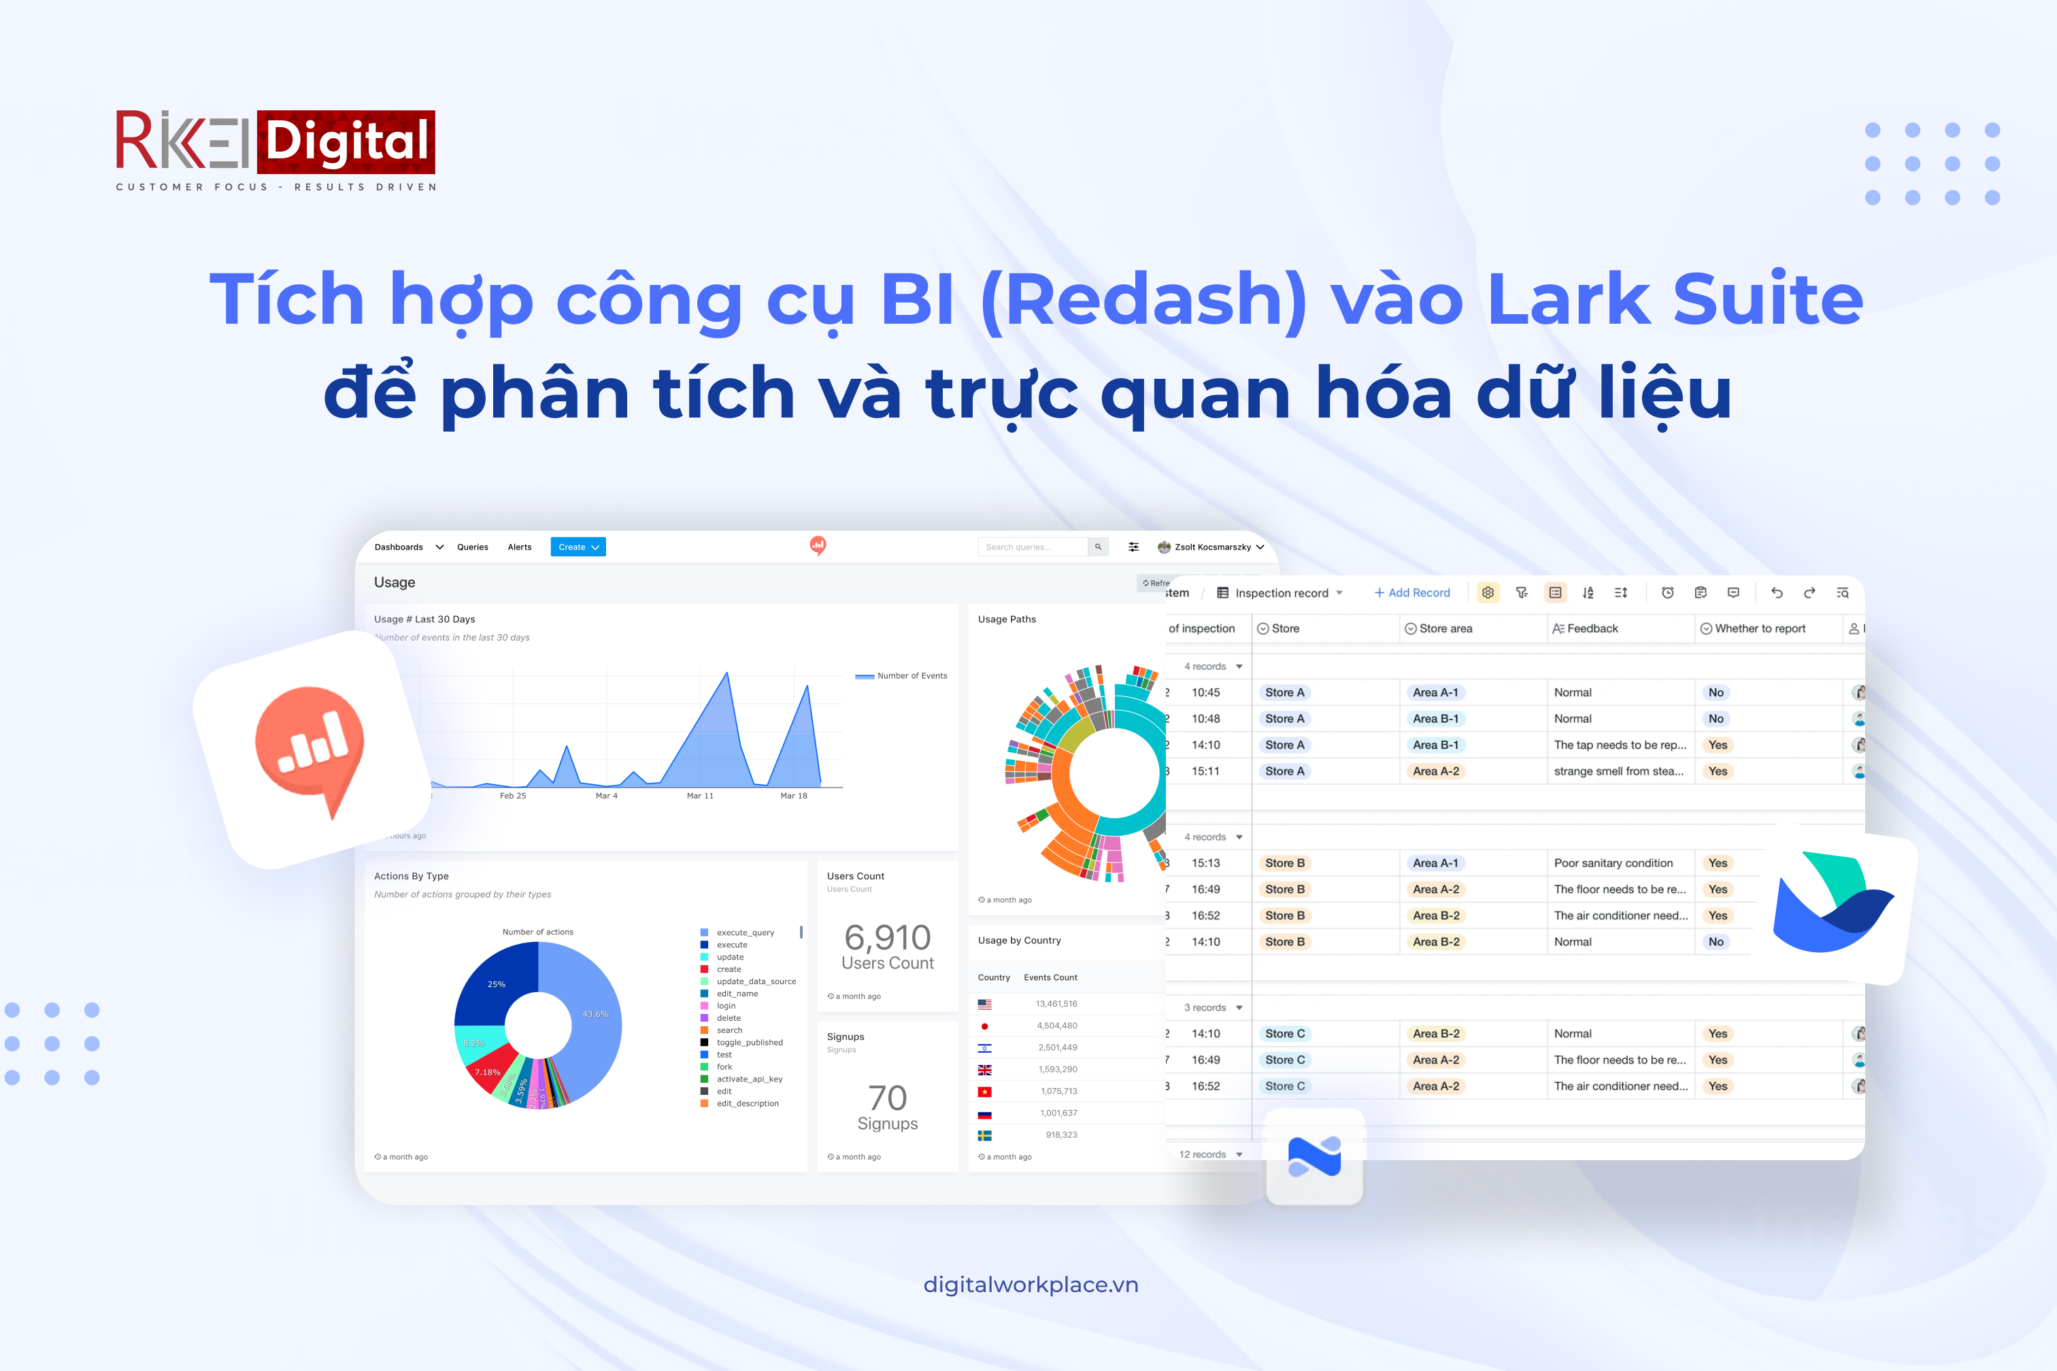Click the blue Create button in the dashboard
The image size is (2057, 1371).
[x=578, y=547]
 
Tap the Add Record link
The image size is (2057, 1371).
[x=1411, y=593]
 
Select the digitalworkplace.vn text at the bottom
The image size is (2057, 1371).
[x=1031, y=1285]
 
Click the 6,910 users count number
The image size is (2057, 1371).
[x=887, y=937]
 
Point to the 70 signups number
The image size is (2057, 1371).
[x=887, y=1098]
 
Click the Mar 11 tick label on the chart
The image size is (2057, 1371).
[x=700, y=796]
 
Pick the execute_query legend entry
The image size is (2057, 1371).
[x=745, y=932]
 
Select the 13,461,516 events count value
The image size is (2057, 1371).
[x=1056, y=1004]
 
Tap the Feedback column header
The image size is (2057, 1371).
[x=1592, y=628]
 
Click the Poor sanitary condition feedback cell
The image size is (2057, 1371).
[x=1613, y=863]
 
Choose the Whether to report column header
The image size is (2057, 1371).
[x=1759, y=628]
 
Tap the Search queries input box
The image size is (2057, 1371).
[x=1032, y=547]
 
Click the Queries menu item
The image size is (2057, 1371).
[x=472, y=547]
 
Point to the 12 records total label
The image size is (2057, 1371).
[x=1202, y=1154]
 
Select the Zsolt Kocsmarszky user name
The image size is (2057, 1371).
[x=1211, y=547]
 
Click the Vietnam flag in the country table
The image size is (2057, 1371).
[x=985, y=1091]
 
